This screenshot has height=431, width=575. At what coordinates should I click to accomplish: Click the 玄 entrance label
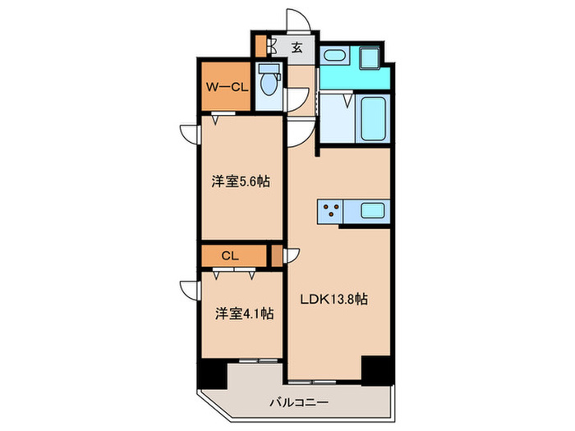[297, 48]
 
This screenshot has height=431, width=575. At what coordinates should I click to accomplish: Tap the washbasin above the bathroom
[334, 57]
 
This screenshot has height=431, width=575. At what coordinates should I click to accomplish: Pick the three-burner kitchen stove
[331, 211]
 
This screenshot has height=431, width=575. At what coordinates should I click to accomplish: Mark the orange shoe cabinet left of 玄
[261, 48]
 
